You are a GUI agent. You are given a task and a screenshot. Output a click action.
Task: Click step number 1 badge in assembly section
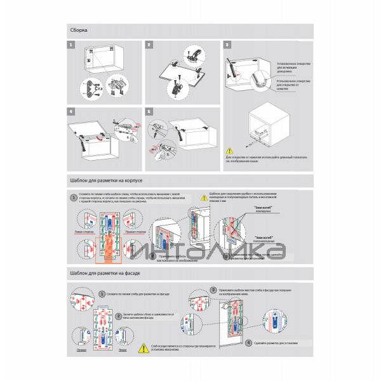coord(72,45)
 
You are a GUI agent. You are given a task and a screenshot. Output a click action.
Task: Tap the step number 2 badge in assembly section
coord(149,45)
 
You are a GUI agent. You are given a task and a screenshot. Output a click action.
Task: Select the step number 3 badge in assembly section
coord(228,45)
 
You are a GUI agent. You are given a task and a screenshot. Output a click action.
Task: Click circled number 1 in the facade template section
coord(102,294)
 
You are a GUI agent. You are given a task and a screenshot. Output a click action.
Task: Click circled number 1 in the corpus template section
coord(74,198)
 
